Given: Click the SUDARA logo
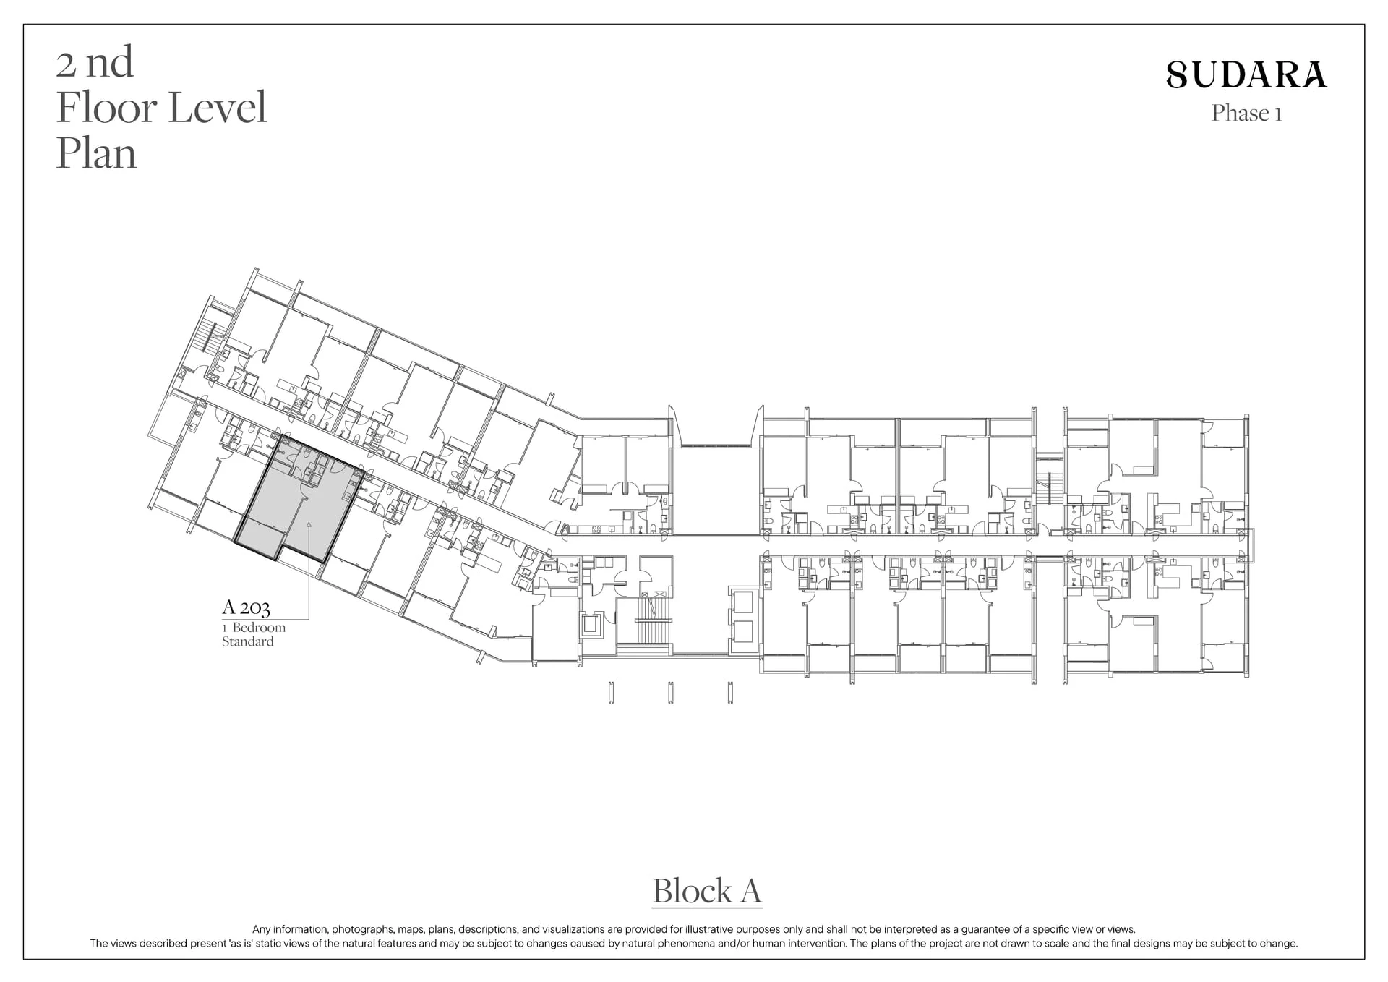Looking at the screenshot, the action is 1247,74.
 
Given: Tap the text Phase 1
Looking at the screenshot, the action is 1247,114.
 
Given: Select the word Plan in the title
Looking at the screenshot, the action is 96,153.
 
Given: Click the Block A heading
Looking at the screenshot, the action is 707,891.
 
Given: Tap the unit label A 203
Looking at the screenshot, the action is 246,607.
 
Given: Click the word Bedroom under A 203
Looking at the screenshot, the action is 259,628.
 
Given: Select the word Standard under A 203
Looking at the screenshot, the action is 248,641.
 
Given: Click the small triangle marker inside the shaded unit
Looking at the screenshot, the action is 309,524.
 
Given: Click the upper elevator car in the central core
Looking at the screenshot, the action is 742,602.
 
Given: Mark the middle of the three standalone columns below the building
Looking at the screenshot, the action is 670,692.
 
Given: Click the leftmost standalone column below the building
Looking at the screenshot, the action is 612,692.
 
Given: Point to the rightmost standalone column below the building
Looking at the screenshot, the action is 730,692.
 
